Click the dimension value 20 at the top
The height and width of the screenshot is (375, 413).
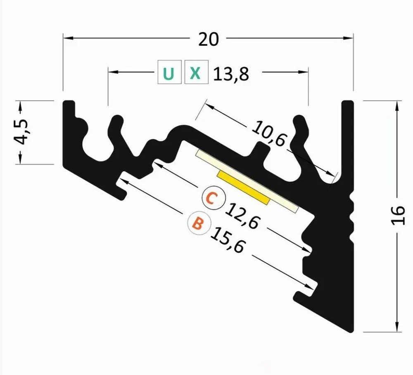pyautogui.click(x=208, y=39)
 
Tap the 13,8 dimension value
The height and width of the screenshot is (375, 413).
pyautogui.click(x=231, y=74)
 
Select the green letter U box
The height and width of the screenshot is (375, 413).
pyautogui.click(x=169, y=72)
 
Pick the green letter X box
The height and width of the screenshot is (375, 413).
pyautogui.click(x=196, y=72)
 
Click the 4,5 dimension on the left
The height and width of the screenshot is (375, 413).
pyautogui.click(x=21, y=132)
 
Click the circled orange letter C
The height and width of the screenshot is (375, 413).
pyautogui.click(x=214, y=198)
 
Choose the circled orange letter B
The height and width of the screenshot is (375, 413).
pyautogui.click(x=199, y=223)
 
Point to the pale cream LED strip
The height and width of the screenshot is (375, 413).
pyautogui.click(x=247, y=181)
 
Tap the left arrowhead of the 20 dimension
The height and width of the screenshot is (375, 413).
pyautogui.click(x=68, y=38)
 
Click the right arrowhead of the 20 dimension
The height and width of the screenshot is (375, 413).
pyautogui.click(x=348, y=38)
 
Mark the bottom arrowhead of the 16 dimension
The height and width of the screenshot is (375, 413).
pyautogui.click(x=397, y=327)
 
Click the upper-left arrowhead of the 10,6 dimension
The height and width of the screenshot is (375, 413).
pyautogui.click(x=210, y=106)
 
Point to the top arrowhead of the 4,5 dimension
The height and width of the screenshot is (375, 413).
pyautogui.click(x=20, y=106)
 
